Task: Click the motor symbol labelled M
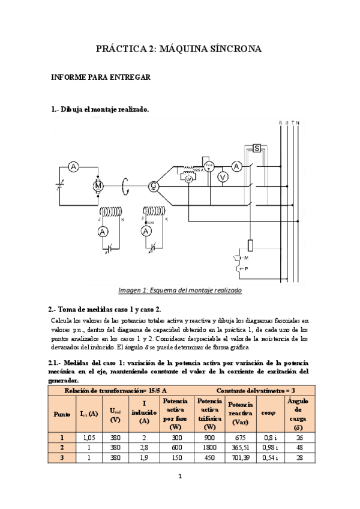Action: (x=98, y=186)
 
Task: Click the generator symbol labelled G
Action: (x=154, y=186)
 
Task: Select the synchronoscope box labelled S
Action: (x=256, y=148)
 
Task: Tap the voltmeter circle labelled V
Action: (x=221, y=176)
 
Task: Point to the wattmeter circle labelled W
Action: (x=188, y=179)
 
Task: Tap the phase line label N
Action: (x=298, y=124)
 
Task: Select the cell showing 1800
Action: (x=209, y=447)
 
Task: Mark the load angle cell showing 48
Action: (x=299, y=447)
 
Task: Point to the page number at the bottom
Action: (x=179, y=477)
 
